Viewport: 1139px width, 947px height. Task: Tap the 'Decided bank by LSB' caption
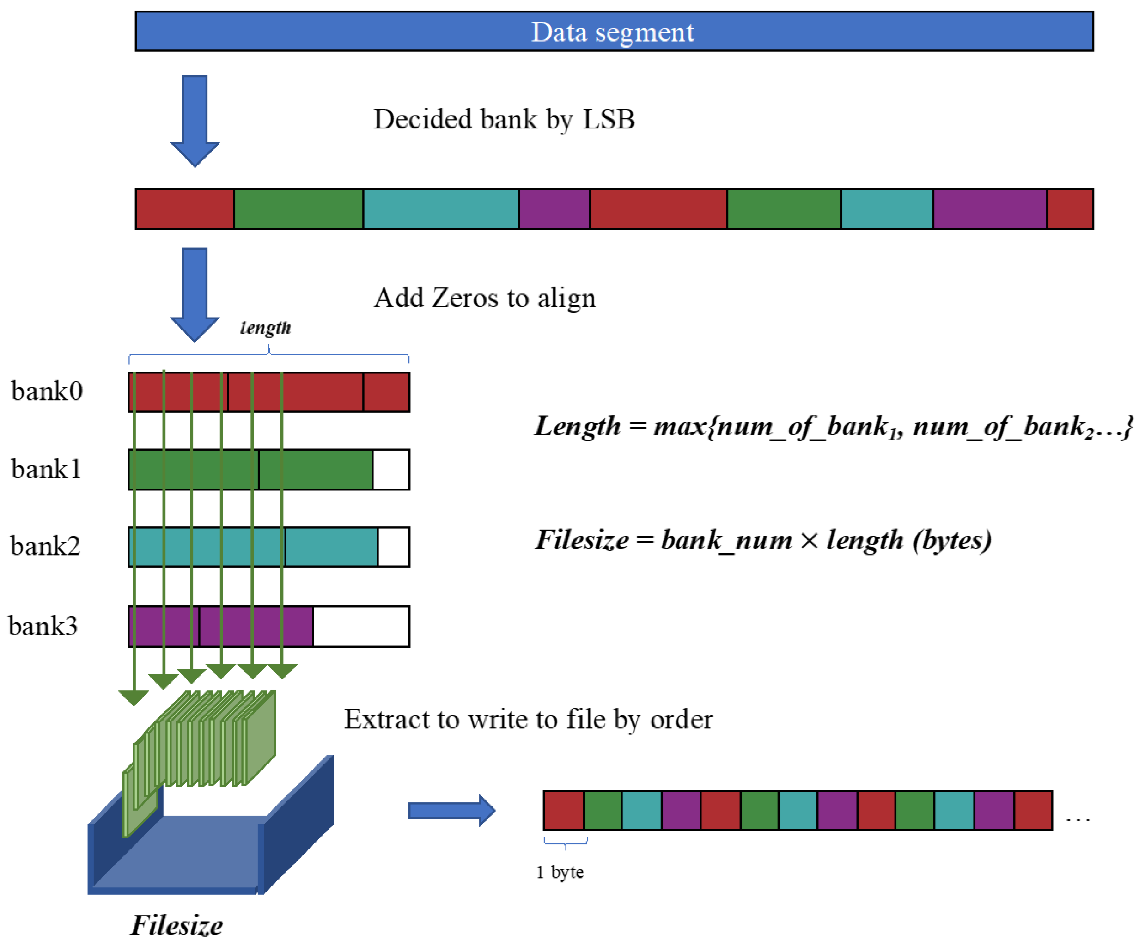503,119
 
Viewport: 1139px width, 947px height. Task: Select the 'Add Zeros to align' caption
484,297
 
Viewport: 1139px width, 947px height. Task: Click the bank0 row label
47,391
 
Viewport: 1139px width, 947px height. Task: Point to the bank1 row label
46,469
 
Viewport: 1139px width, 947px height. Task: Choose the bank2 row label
45,546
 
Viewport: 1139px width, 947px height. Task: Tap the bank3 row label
43,625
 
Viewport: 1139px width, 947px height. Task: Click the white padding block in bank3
361,626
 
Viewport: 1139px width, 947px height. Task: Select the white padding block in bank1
390,469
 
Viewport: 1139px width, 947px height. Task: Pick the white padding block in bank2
393,547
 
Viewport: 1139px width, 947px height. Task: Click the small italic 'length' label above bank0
265,328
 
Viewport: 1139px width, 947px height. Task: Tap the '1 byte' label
560,872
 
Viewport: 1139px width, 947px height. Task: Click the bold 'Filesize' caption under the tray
176,925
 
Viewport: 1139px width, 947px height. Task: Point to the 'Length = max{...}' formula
833,426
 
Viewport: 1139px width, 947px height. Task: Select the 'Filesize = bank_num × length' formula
762,540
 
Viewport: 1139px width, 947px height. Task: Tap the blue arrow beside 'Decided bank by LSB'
195,121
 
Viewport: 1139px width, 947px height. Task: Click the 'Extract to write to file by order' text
528,719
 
